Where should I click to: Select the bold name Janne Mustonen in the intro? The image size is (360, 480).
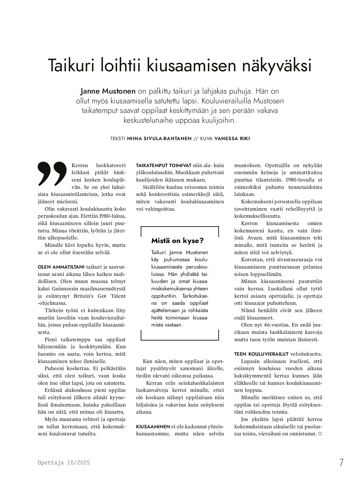(x=108, y=91)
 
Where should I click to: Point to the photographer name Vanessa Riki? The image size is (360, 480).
(x=232, y=139)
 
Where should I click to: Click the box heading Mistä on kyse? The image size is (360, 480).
(x=177, y=241)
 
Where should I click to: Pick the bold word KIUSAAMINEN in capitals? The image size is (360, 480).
(x=153, y=426)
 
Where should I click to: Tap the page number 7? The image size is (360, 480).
(x=341, y=463)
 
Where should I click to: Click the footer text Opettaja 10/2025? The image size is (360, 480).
(x=64, y=463)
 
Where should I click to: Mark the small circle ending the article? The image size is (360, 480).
(x=320, y=434)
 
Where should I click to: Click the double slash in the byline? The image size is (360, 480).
(x=196, y=139)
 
